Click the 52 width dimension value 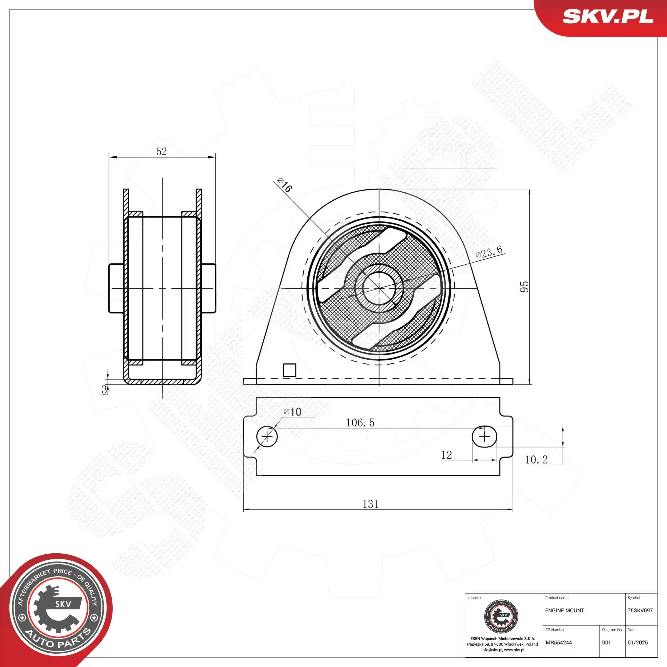(162, 152)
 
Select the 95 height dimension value (524, 287)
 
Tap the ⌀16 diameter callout (285, 185)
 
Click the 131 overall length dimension (370, 504)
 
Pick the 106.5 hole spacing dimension (360, 423)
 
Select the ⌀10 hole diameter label (292, 411)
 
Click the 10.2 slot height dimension (536, 459)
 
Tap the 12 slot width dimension (446, 455)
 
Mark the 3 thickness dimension (104, 390)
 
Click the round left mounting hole (267, 437)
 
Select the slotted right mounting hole (484, 437)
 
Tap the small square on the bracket (289, 370)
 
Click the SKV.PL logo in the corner (608, 16)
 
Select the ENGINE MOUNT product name (565, 610)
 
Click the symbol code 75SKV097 (640, 610)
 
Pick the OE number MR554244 (559, 642)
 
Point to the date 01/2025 (637, 642)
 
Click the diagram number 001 (606, 642)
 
